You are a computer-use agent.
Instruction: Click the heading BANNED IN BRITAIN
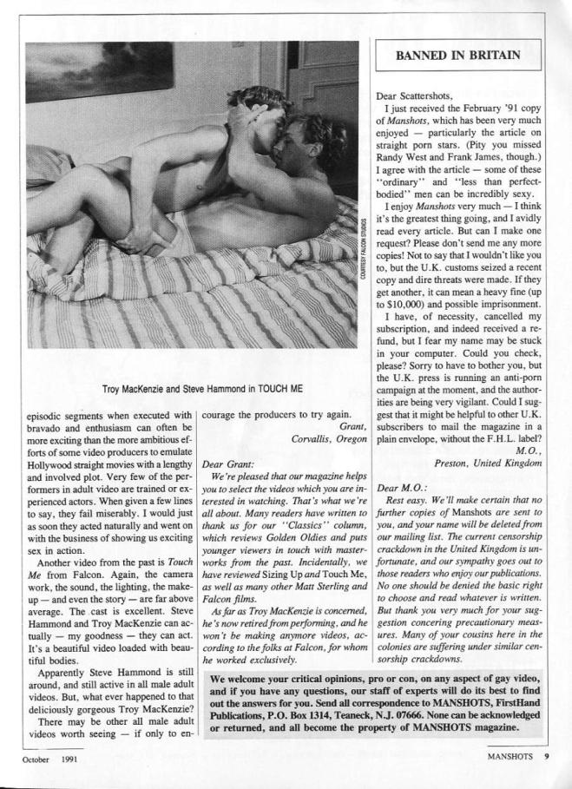tap(458, 55)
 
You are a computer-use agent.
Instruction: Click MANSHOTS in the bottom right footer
tap(512, 756)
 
